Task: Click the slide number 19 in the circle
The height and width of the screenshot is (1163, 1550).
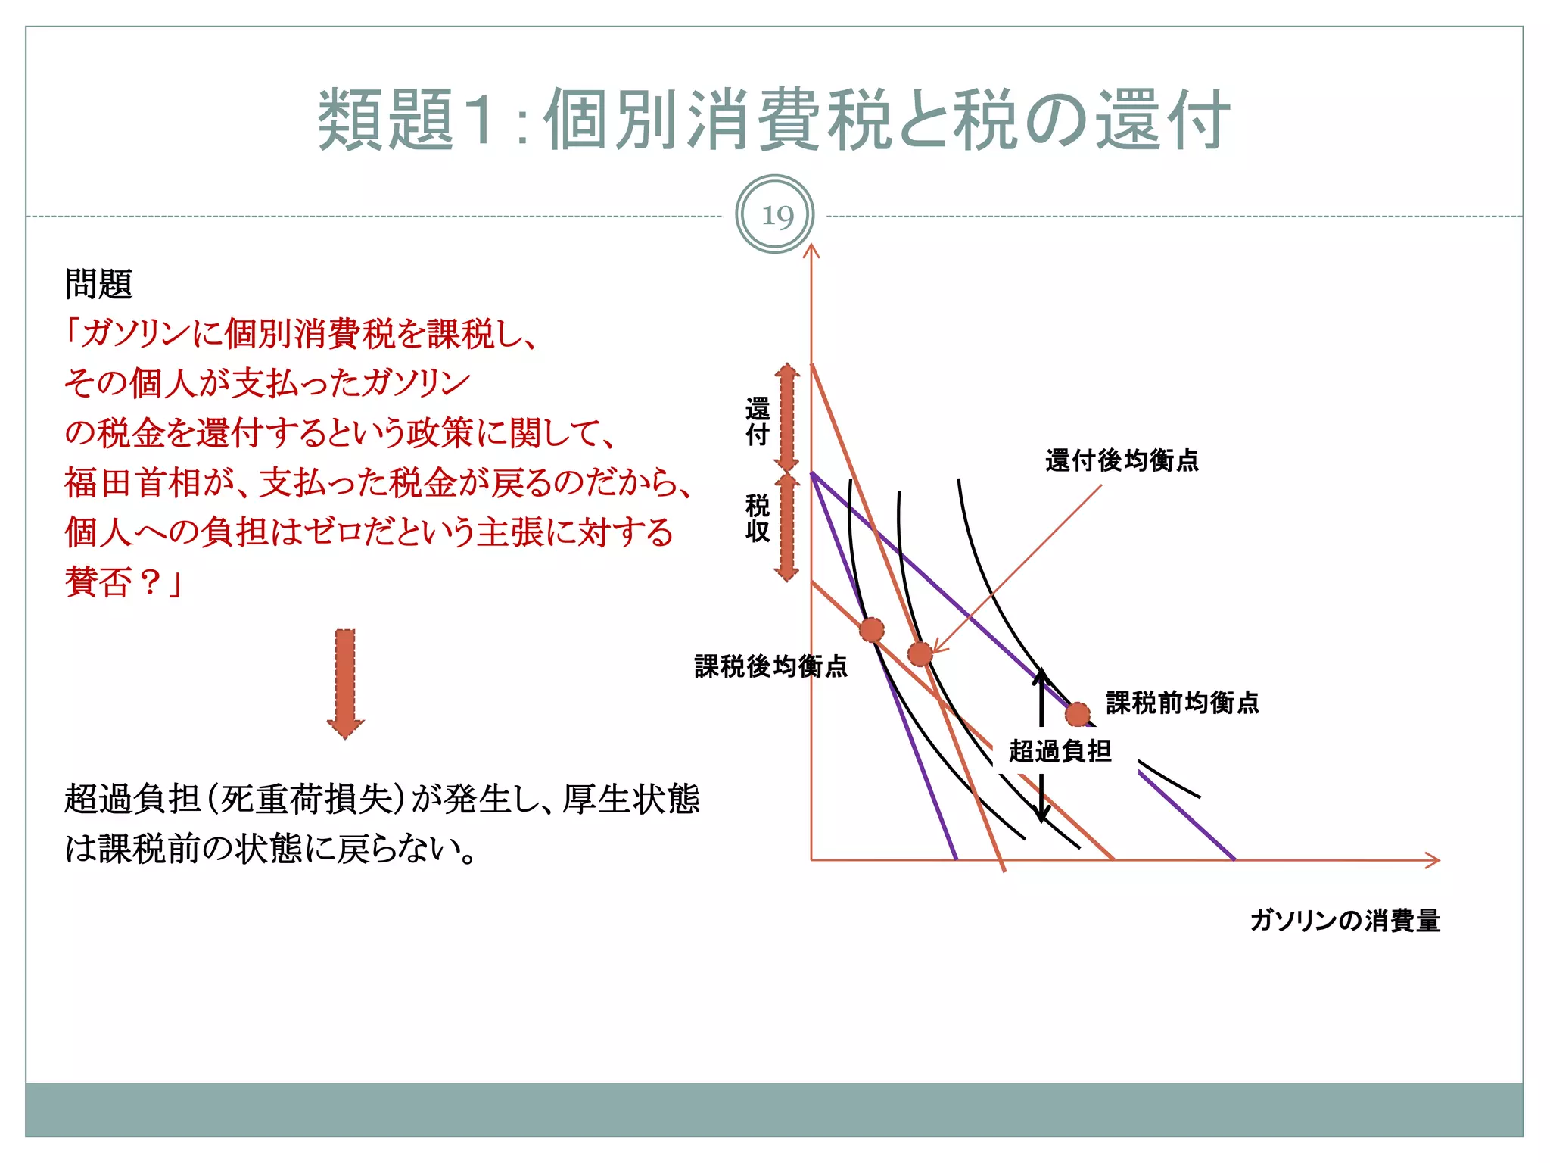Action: click(775, 216)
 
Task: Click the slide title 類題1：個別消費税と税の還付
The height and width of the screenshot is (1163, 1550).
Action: click(773, 120)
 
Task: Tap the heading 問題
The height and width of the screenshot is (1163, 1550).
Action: click(98, 285)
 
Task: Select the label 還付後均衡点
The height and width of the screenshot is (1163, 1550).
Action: click(1122, 460)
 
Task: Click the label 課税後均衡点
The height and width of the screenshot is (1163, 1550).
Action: click(770, 666)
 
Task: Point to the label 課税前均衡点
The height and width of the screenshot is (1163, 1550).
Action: click(1182, 703)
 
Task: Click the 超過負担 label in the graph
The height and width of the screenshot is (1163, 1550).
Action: click(1060, 751)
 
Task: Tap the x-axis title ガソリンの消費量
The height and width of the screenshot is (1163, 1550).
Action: click(1345, 921)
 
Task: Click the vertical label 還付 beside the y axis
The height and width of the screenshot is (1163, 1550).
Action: click(758, 421)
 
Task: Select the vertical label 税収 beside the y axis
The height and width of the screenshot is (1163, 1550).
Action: click(758, 518)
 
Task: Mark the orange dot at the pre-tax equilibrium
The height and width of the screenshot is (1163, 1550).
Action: click(1077, 714)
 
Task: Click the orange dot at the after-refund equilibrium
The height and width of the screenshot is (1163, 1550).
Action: click(920, 653)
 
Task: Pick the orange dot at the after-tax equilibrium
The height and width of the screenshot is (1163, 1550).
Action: click(871, 629)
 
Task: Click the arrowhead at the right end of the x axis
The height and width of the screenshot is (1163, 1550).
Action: click(1433, 860)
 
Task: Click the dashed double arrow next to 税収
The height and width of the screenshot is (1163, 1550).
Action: click(787, 527)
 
